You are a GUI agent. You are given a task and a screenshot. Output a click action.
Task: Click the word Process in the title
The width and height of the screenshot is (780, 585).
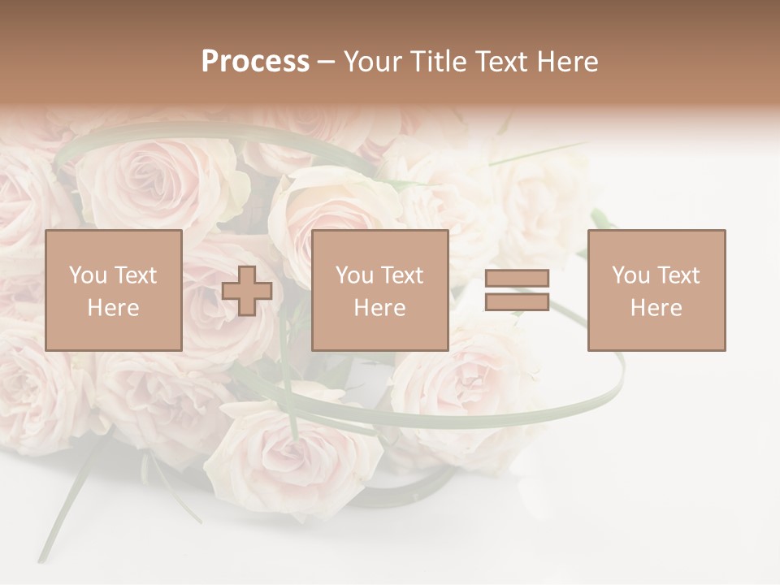pos(255,62)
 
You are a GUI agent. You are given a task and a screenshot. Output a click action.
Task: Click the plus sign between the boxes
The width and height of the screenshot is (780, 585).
pos(247,291)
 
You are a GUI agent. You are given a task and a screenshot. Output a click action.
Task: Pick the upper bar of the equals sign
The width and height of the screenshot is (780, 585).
pos(517,279)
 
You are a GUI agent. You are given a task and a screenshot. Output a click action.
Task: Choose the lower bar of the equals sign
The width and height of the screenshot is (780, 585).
pos(517,301)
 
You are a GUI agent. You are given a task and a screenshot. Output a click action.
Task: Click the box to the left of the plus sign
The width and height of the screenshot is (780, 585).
pos(113,290)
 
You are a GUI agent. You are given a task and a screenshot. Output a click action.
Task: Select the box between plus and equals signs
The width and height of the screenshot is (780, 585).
pos(379,290)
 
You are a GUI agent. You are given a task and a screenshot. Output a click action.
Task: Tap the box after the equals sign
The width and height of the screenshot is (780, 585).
pos(656,290)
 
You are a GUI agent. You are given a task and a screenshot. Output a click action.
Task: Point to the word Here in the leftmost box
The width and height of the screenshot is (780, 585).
pos(113,308)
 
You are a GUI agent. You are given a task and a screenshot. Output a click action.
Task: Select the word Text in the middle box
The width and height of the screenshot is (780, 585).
pos(401,275)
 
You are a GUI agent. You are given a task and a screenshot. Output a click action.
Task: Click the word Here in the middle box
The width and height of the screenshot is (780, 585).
pos(379,308)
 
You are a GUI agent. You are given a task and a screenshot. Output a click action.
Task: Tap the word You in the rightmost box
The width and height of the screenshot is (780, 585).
pos(630,275)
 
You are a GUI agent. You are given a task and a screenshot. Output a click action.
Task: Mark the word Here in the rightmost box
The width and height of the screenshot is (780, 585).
pos(656,308)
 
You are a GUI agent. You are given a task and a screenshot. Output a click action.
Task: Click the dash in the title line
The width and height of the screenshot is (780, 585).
pos(326,62)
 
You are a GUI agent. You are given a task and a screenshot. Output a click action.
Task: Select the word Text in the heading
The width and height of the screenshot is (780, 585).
pos(498,62)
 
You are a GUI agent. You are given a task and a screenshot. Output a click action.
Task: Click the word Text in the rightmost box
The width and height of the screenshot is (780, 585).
pos(678,275)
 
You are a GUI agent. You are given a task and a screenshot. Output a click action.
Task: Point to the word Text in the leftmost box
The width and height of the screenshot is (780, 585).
pos(135,275)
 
